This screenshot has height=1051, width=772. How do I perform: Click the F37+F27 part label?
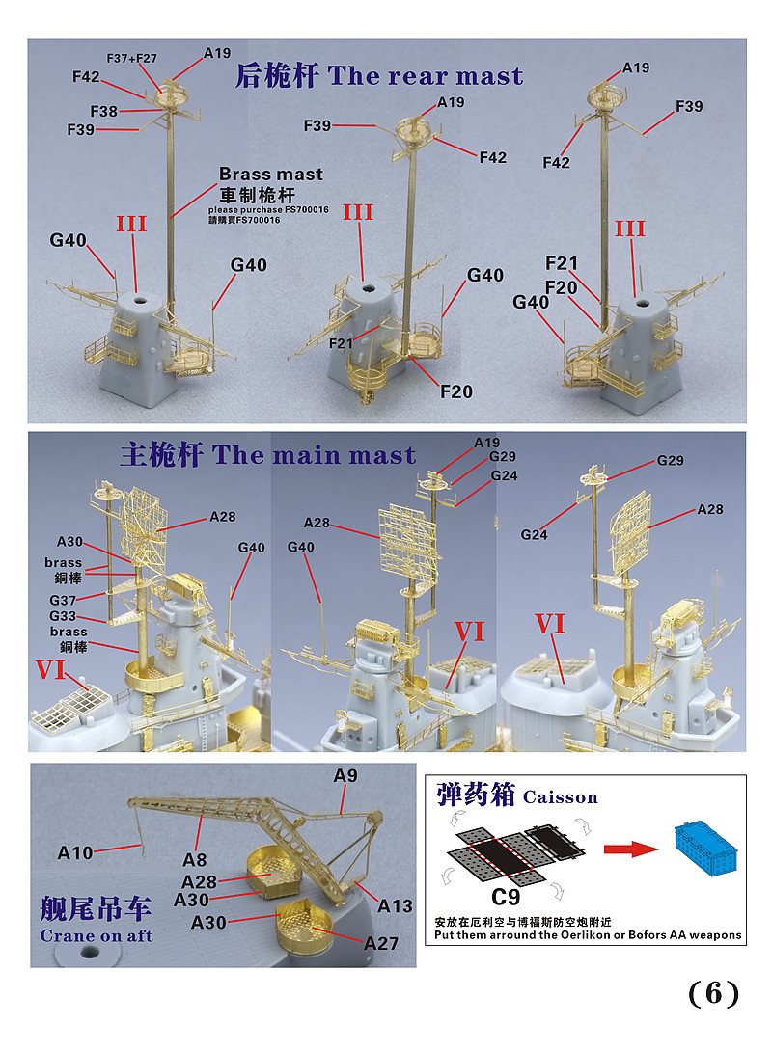click(131, 58)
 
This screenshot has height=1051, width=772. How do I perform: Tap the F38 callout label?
click(104, 111)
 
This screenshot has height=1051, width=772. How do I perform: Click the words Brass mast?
click(271, 174)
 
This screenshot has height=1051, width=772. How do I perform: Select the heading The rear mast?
click(426, 76)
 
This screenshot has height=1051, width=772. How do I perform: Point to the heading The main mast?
click(314, 455)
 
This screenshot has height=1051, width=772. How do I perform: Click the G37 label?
click(63, 600)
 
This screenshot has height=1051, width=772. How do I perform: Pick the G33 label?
click(63, 615)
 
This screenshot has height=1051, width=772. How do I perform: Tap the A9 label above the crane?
click(345, 775)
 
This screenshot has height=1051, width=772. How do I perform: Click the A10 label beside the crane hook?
click(75, 852)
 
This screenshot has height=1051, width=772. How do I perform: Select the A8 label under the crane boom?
click(195, 860)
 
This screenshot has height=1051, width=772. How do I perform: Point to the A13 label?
click(395, 906)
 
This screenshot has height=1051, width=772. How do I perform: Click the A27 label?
click(381, 943)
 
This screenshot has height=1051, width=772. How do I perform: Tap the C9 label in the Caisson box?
click(505, 897)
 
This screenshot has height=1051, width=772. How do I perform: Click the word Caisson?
click(560, 797)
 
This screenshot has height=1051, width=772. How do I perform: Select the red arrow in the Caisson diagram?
click(631, 849)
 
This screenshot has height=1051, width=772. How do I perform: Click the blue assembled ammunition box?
click(705, 848)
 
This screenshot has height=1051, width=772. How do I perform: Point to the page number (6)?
click(714, 993)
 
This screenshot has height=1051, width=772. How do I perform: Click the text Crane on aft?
click(96, 935)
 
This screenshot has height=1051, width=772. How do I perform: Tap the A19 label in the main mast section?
click(487, 443)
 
